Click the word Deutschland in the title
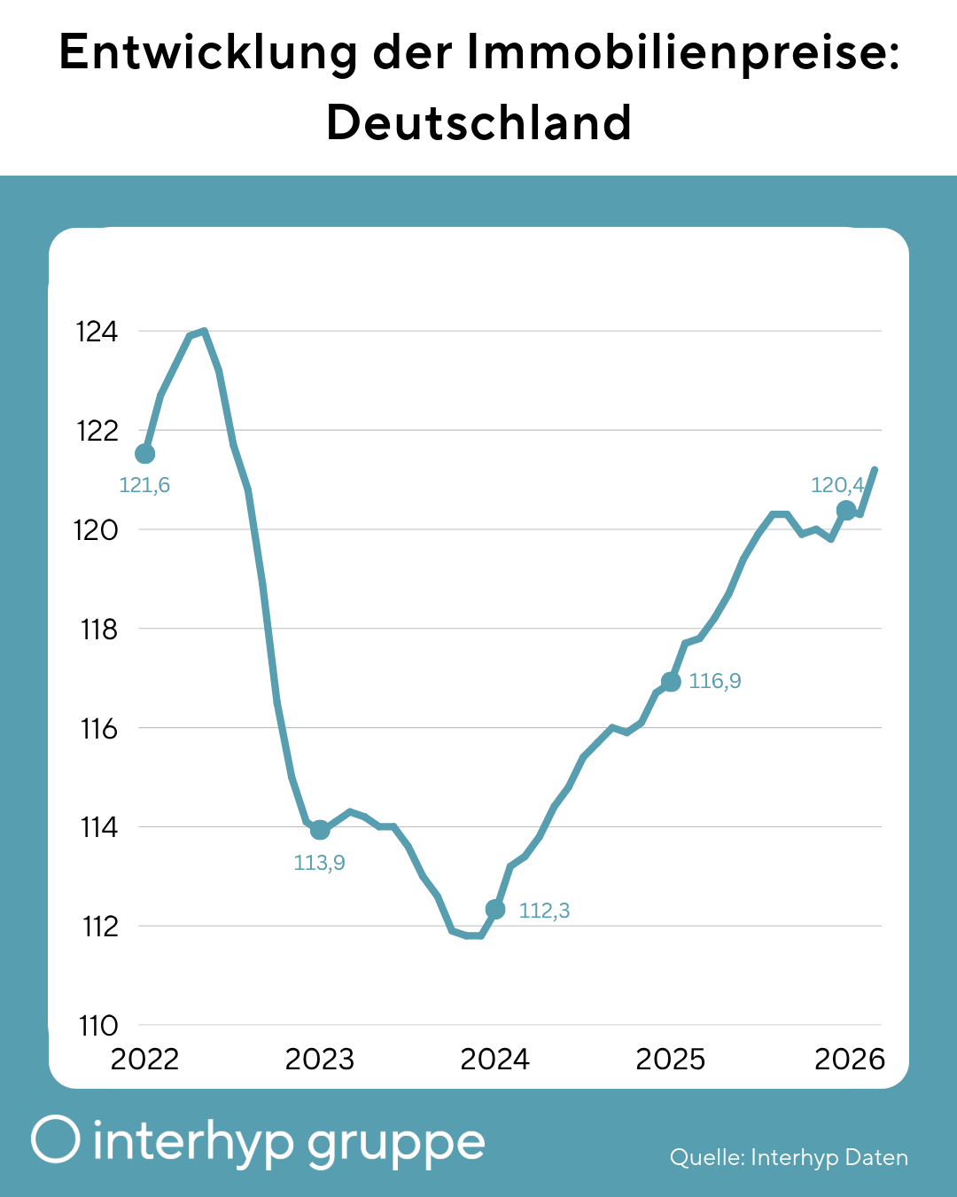coord(478,122)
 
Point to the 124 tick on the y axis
coord(97,332)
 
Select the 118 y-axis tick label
coord(98,630)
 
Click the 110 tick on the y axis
coord(98,1026)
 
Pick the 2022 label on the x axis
coord(144,1060)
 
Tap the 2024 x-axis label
coord(494,1060)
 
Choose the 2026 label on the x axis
coord(849,1060)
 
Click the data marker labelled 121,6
coord(144,454)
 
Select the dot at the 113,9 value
coord(320,830)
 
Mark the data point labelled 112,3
coord(495,910)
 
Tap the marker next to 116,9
coord(671,682)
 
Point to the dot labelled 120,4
coord(846,510)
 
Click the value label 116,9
coord(715,681)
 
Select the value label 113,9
coord(320,863)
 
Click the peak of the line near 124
coord(204,332)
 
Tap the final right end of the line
coord(875,469)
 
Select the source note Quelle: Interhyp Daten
coord(789,1157)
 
